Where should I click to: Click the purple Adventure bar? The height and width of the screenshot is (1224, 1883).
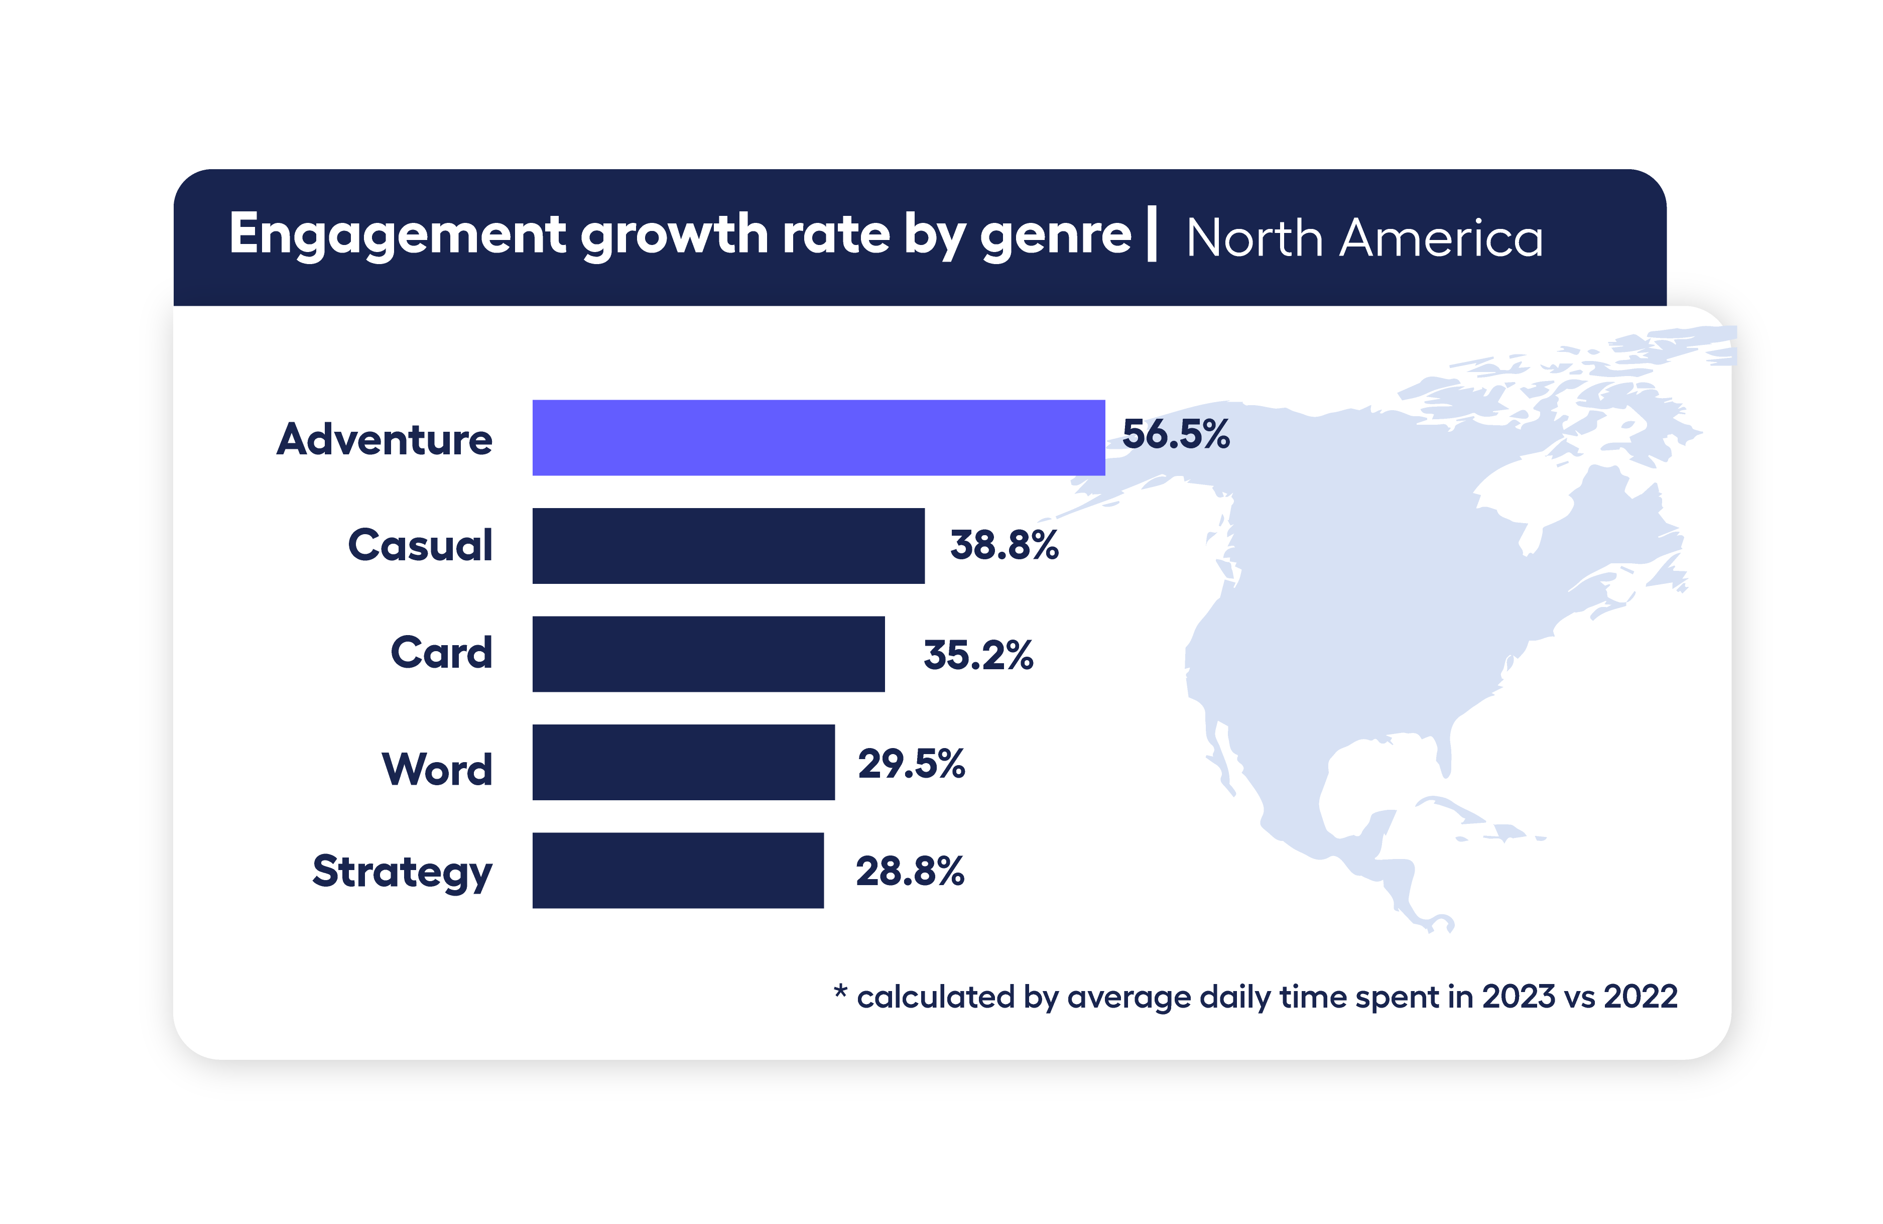pyautogui.click(x=818, y=438)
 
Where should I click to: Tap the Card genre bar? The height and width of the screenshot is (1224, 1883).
pyautogui.click(x=708, y=654)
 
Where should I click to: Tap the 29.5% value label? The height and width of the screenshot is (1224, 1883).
pyautogui.click(x=912, y=764)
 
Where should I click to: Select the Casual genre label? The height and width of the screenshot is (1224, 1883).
pyautogui.click(x=420, y=545)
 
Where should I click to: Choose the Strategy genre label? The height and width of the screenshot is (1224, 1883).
pyautogui.click(x=402, y=872)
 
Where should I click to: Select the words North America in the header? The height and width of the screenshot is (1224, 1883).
pyautogui.click(x=1364, y=237)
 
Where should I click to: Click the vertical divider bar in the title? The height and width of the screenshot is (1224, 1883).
pyautogui.click(x=1152, y=233)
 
